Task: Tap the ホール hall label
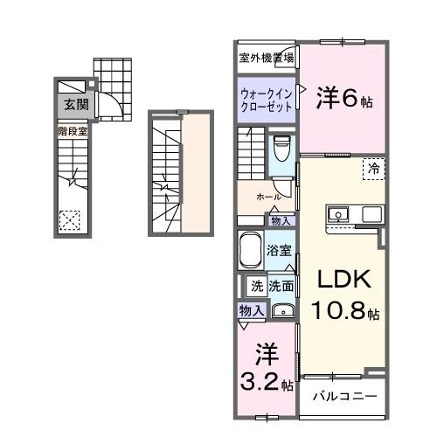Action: click(x=268, y=198)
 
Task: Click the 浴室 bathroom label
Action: click(x=279, y=249)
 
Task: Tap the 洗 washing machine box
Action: click(x=257, y=285)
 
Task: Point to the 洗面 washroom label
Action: click(x=281, y=285)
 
